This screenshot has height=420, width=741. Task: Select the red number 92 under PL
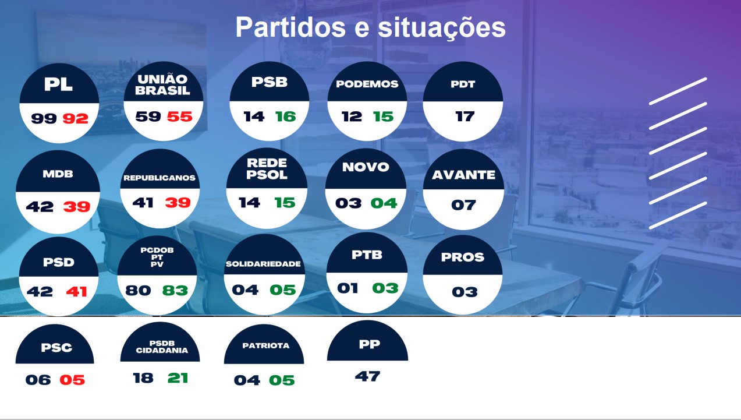tap(76, 119)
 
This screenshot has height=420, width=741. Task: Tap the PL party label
tap(58, 84)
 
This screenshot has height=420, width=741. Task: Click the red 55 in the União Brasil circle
tap(179, 117)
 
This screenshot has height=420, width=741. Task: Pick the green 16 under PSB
tap(285, 117)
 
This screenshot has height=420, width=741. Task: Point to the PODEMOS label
tap(367, 84)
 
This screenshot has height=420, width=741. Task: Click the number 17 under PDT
tap(465, 117)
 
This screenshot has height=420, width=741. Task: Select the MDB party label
tap(58, 174)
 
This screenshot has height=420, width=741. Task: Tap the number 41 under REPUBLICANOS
tap(143, 203)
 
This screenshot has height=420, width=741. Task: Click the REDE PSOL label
tap(267, 169)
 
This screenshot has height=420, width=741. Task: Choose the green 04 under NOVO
tap(384, 203)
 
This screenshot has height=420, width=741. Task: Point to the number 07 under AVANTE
tap(463, 205)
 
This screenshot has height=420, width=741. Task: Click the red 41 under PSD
tap(76, 291)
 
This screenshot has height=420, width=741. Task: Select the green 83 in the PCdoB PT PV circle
tap(175, 290)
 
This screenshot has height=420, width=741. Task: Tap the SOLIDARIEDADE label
tap(263, 264)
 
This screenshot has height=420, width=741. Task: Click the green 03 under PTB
tap(385, 288)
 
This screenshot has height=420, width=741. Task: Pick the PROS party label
tap(462, 257)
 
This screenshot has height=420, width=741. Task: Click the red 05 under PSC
tap(72, 380)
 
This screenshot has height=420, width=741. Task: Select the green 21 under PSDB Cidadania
tap(178, 378)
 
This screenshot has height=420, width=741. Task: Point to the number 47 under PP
tap(367, 376)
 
